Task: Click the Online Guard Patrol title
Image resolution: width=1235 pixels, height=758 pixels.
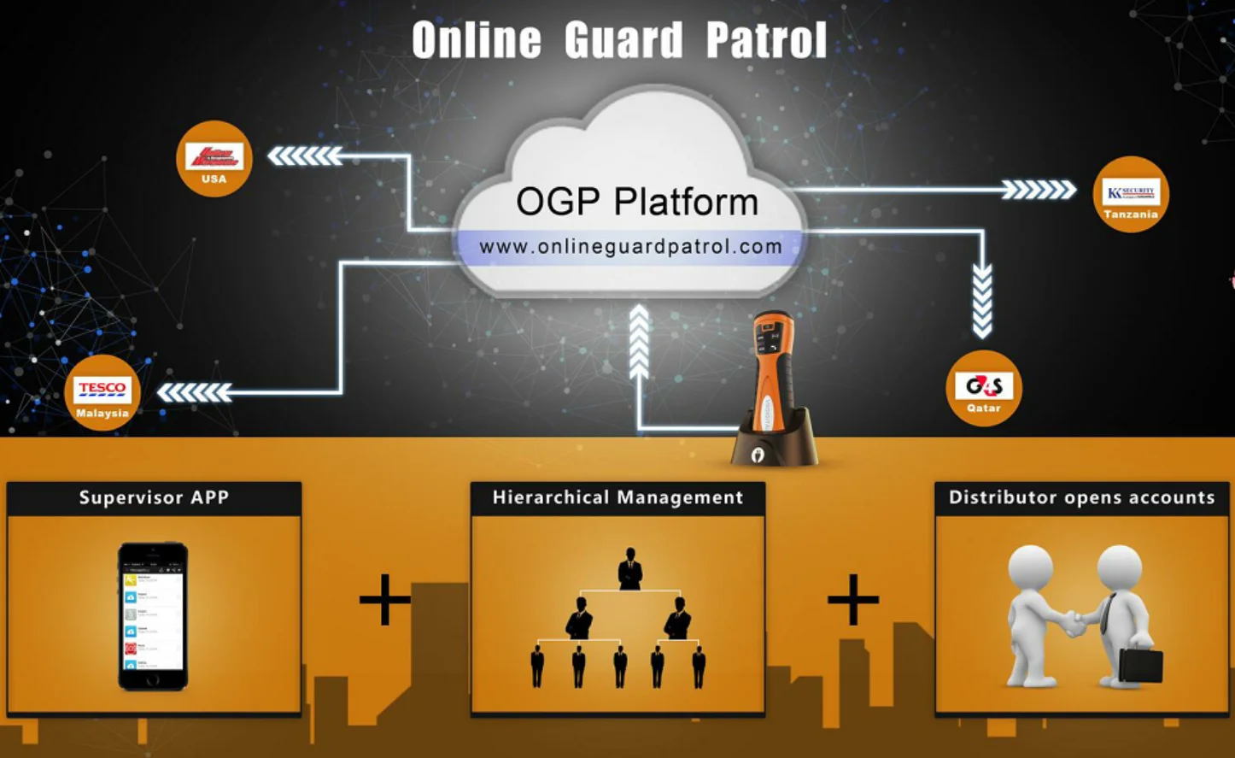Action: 619,40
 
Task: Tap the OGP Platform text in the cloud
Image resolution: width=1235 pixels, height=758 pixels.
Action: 637,203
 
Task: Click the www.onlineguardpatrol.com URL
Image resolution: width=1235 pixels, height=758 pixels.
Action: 630,247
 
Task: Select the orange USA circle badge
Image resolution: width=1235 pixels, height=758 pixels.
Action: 214,159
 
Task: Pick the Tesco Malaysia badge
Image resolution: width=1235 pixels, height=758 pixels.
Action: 102,393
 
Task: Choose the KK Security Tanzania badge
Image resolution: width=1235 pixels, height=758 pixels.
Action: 1131,194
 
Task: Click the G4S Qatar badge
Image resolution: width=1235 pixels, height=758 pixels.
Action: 984,388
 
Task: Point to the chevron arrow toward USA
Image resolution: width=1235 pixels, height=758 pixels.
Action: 305,156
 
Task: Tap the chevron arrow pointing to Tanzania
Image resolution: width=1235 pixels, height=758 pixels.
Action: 1039,190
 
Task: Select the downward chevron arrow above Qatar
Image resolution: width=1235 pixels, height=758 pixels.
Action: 982,300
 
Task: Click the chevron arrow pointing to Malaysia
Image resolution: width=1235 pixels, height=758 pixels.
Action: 195,392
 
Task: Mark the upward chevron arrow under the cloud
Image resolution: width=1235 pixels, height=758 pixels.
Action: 639,342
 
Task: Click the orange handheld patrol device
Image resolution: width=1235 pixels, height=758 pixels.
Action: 773,376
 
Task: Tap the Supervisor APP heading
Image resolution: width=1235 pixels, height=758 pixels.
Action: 154,497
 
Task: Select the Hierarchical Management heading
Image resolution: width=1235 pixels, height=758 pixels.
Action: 617,497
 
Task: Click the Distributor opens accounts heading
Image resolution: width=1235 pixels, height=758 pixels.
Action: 1081,497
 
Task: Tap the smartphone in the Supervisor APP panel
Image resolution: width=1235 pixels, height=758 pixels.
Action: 153,615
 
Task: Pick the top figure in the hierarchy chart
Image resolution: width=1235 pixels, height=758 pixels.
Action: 630,569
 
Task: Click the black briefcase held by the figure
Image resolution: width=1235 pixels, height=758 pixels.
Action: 1140,666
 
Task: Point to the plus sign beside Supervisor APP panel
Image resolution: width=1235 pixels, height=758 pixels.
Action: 384,599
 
